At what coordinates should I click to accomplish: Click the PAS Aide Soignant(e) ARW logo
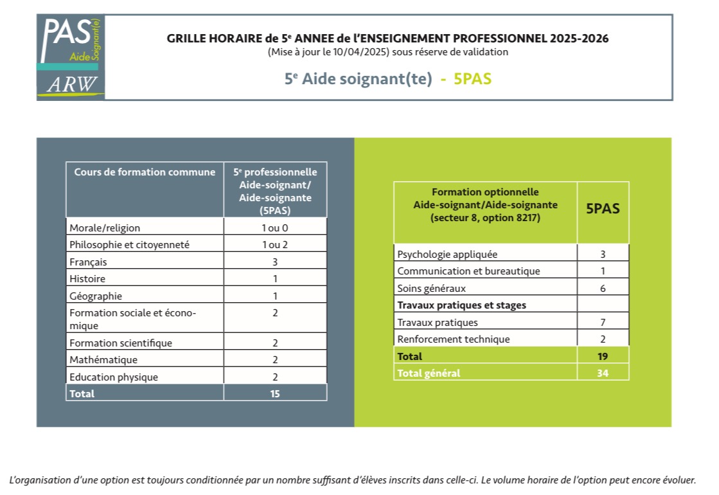point(71,57)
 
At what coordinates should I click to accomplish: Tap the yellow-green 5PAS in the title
point(472,79)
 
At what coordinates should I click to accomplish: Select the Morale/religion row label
point(105,228)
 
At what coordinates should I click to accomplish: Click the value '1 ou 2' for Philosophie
point(275,244)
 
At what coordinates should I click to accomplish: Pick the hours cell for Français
point(275,262)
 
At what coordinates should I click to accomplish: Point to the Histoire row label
point(87,279)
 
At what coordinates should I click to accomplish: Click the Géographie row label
point(95,296)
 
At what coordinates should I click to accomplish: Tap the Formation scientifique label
point(121,343)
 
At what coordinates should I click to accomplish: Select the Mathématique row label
point(103,359)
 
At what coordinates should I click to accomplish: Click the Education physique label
point(113,377)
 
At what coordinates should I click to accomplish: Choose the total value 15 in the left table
point(275,393)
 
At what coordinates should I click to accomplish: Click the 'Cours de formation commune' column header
point(145,172)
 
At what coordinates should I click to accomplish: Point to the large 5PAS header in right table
point(603,209)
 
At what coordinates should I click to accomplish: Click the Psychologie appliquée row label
point(447,254)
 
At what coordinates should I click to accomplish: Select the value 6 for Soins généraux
point(603,289)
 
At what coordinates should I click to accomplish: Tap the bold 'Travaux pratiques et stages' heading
point(461,305)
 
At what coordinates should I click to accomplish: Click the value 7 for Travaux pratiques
point(603,323)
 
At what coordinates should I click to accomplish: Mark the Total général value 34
point(603,373)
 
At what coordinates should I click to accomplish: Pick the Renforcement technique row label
point(454,339)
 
